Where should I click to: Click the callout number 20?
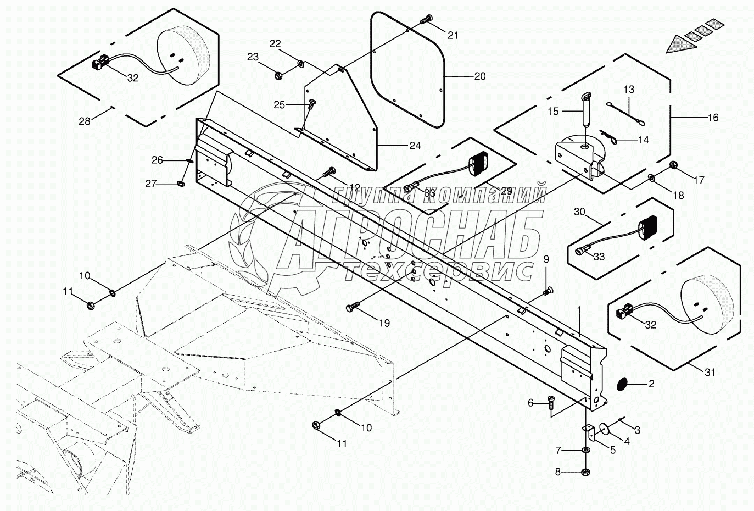point(479,76)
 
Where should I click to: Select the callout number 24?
point(415,146)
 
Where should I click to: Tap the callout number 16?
point(713,118)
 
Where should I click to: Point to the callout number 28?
point(84,121)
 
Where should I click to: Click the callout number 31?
point(710,372)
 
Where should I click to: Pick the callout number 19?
point(384,323)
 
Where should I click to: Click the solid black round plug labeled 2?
point(624,384)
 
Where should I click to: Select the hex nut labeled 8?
point(585,471)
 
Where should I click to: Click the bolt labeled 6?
point(551,403)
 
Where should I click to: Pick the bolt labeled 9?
point(548,291)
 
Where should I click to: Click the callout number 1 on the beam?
point(579,310)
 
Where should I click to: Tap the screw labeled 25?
point(311,102)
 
